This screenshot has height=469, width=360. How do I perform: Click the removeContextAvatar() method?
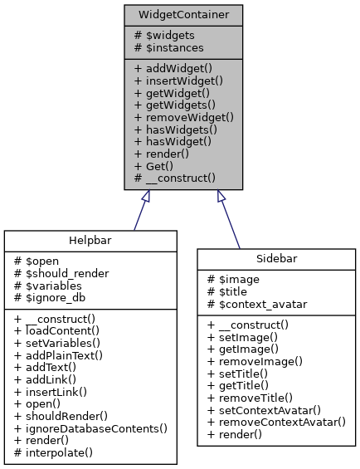tap(276, 422)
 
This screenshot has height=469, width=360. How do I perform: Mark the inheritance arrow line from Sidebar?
tap(230, 219)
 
